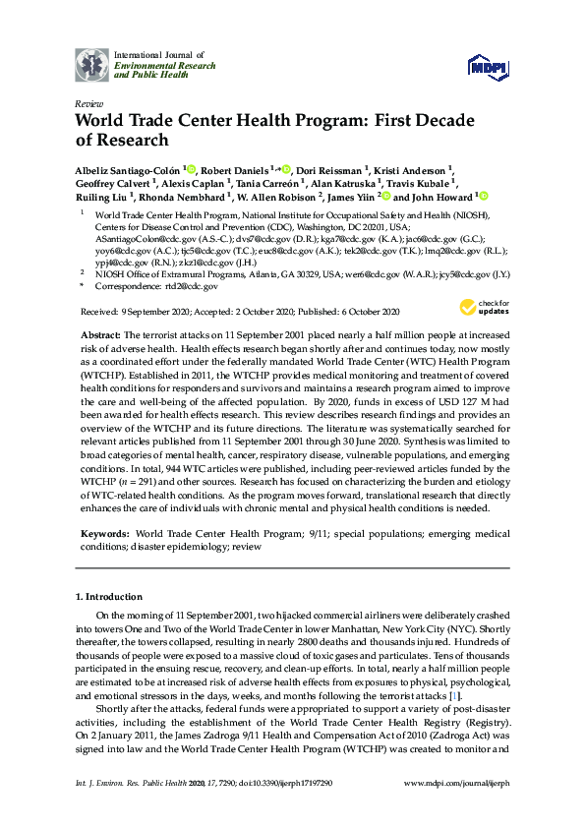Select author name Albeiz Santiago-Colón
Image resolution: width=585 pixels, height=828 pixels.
point(128,169)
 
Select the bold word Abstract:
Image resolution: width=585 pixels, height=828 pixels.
point(99,335)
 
